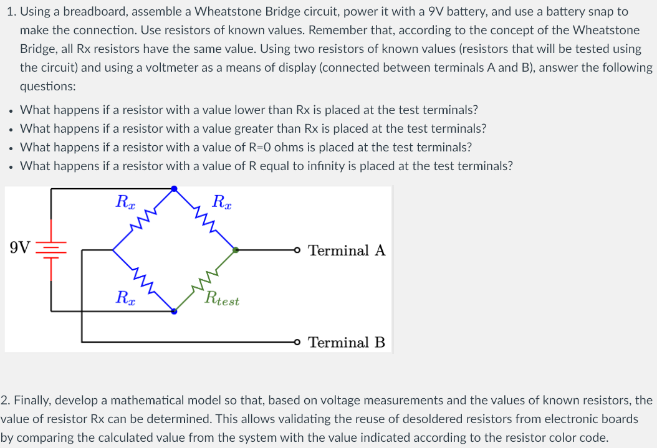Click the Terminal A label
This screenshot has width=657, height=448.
(347, 250)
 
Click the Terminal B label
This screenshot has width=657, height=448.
(347, 342)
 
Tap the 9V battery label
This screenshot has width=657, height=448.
(20, 248)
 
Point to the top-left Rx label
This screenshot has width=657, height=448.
(125, 201)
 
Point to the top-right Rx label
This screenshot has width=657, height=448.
(223, 201)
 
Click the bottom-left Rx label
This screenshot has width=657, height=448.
(125, 297)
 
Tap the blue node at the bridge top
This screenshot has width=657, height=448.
(174, 188)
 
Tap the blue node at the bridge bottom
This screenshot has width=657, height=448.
(174, 311)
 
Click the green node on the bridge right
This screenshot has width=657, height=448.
(235, 250)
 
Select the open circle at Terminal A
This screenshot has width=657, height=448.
(299, 250)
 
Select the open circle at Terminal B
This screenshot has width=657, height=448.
(299, 341)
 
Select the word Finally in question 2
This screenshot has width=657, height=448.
(29, 400)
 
